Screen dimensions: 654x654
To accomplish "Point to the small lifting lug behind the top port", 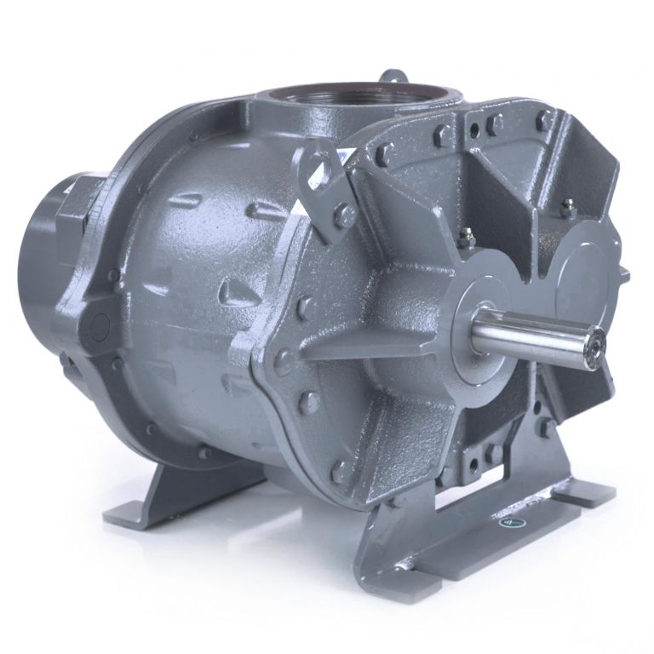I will click(393, 79).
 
